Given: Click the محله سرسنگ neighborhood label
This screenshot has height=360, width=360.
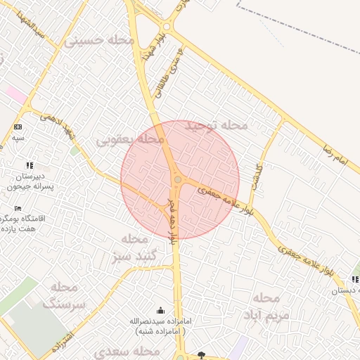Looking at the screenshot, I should pyautogui.click(x=64, y=296).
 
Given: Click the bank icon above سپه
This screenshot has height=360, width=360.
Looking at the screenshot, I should pyautogui.click(x=18, y=127).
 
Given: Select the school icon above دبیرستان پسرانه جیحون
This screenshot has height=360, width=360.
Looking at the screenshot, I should pyautogui.click(x=30, y=165).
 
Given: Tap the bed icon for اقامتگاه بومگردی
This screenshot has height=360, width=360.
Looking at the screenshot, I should pyautogui.click(x=18, y=209).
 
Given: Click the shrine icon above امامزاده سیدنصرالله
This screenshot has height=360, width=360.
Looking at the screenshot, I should pyautogui.click(x=161, y=311).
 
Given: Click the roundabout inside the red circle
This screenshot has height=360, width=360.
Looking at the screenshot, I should pyautogui.click(x=177, y=181).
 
